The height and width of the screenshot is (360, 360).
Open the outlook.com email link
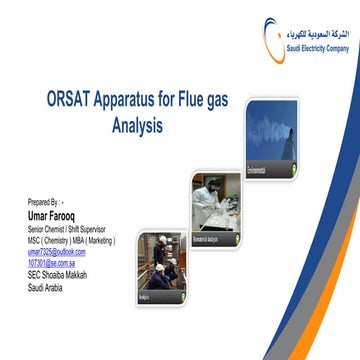click(x=57, y=251)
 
